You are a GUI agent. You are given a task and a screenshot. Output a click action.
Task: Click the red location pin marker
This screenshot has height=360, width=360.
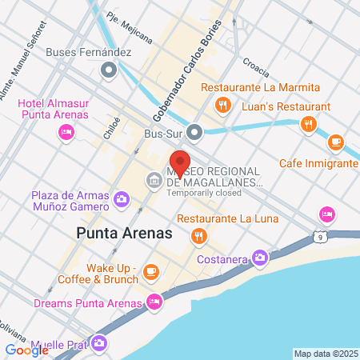point(179,163)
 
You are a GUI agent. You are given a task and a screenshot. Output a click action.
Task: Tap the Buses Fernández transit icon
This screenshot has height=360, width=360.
point(108,70)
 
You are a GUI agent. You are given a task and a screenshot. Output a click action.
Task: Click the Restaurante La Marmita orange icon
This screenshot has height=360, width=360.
point(225,104)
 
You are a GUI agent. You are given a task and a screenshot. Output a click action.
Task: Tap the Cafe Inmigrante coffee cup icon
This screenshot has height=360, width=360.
point(335,142)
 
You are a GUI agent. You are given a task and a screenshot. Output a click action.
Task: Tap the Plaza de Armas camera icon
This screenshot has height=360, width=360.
point(122,198)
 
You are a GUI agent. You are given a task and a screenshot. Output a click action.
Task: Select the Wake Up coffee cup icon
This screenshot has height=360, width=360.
point(150,273)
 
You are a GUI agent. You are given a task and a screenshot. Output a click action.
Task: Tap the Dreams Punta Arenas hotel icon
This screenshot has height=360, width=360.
point(155,302)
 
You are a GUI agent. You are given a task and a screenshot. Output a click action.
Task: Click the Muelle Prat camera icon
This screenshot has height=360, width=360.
point(98,343)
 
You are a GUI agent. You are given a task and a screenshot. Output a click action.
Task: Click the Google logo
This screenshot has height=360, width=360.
point(26,350)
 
